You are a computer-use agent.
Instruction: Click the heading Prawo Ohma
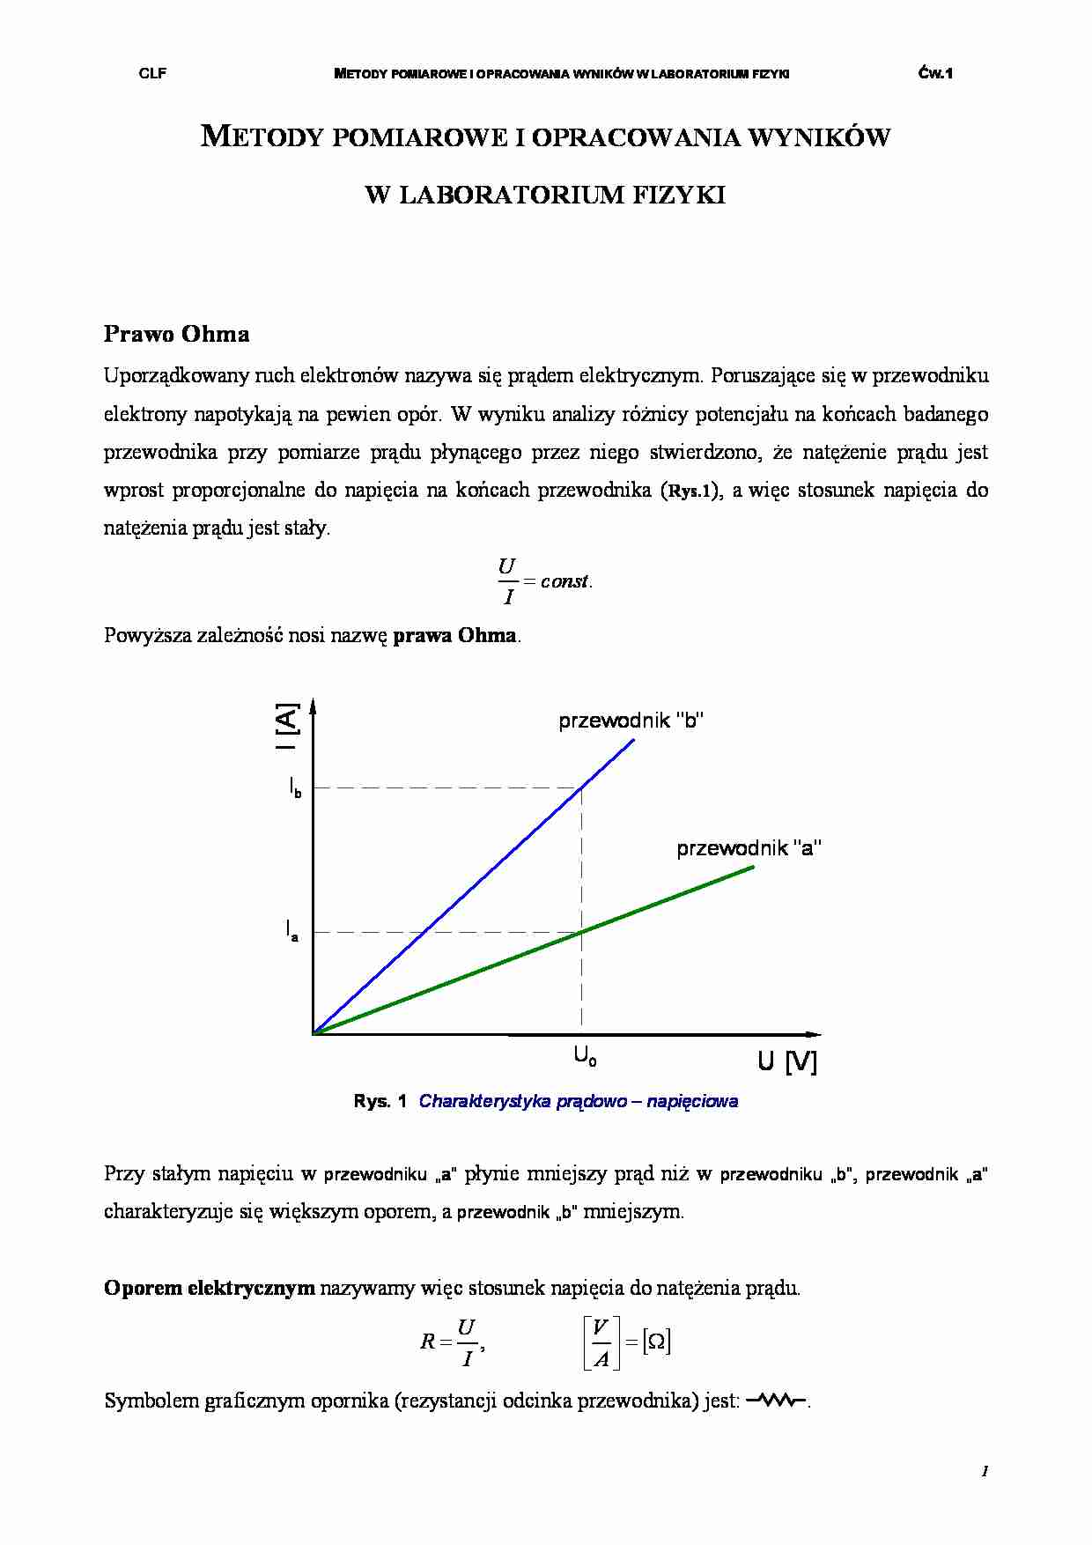coord(176,334)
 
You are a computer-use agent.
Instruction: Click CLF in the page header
coord(152,74)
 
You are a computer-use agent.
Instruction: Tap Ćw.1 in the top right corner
coord(935,74)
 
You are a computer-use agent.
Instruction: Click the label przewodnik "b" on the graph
coord(631,721)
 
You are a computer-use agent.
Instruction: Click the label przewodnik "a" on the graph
coord(749,848)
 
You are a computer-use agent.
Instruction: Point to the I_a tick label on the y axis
coord(291,930)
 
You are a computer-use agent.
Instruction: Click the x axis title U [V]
coord(786,1062)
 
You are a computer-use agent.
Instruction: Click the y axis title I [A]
coord(287,726)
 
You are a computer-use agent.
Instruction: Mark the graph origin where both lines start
coord(314,1033)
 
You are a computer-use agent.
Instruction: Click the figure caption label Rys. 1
coord(380,1101)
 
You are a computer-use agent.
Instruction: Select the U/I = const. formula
coord(544,581)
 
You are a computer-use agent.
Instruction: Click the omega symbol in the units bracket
coord(656,1342)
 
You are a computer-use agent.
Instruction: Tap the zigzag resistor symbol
coord(776,1401)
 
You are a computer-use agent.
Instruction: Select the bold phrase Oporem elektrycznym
coord(209,1288)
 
